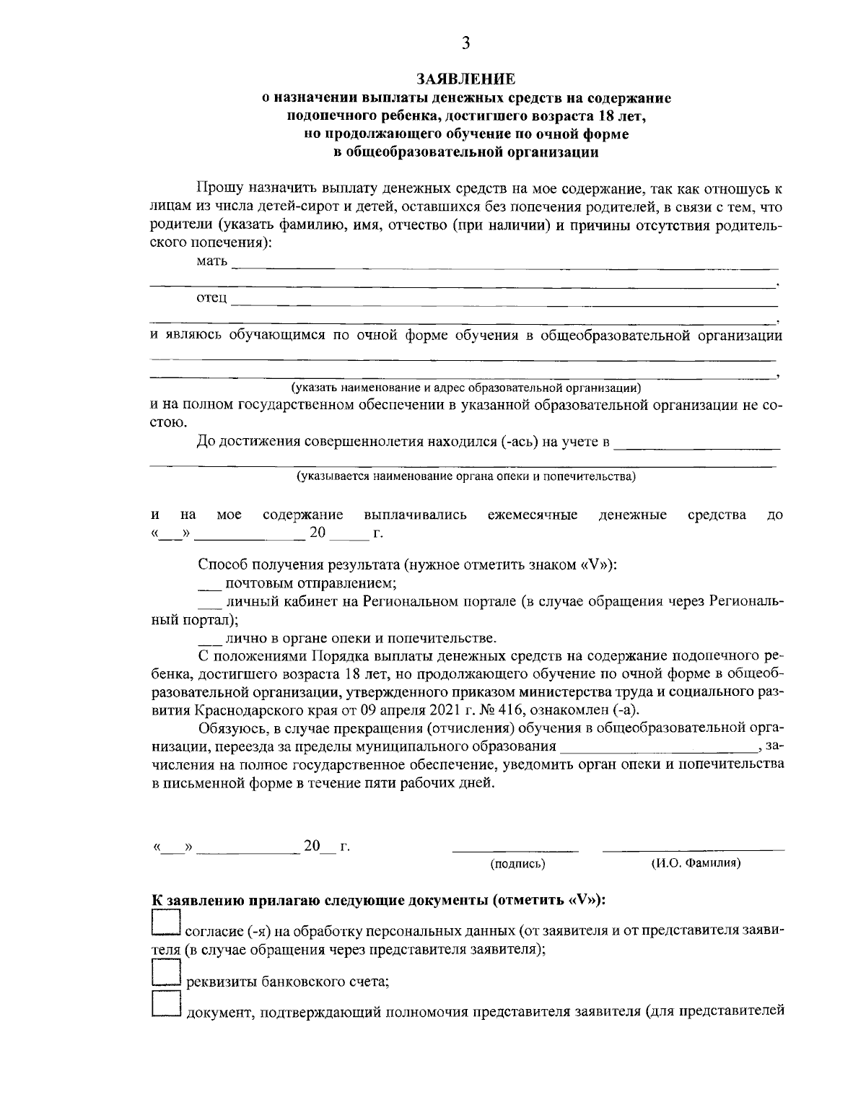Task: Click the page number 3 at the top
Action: (x=465, y=43)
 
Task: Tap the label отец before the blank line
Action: (x=211, y=297)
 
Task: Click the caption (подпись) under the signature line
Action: (x=517, y=862)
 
